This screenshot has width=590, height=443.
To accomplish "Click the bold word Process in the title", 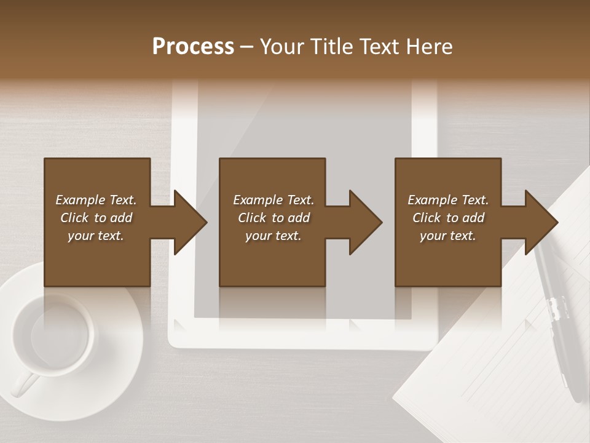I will pyautogui.click(x=193, y=47).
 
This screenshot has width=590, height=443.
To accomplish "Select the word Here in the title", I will pyautogui.click(x=429, y=47).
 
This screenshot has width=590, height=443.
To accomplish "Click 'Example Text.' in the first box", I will pyautogui.click(x=96, y=200).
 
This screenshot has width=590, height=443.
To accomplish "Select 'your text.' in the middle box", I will pyautogui.click(x=273, y=236).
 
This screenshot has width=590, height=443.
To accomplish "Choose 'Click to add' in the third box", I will pyautogui.click(x=448, y=218).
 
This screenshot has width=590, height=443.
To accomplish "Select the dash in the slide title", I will pyautogui.click(x=246, y=47).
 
